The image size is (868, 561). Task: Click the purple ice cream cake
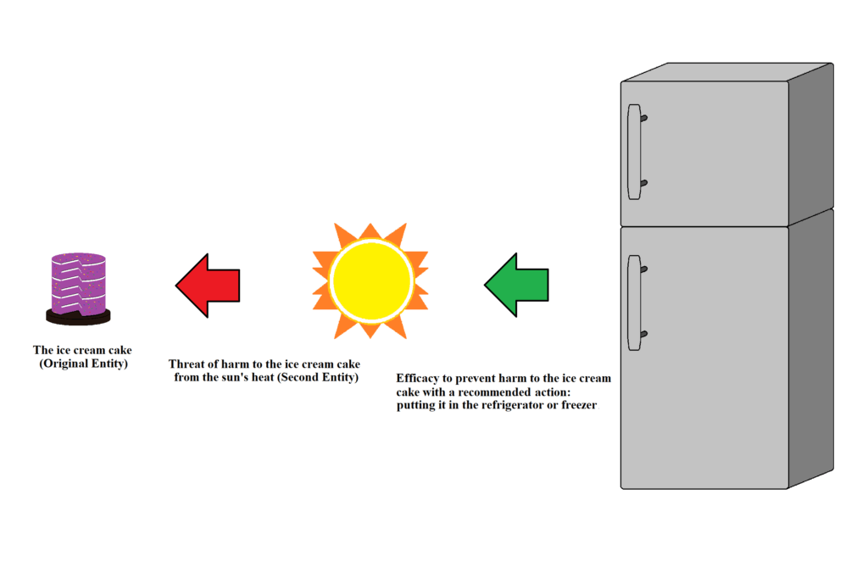click(x=79, y=284)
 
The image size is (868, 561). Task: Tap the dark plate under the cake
click(x=78, y=318)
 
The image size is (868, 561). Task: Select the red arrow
click(x=208, y=286)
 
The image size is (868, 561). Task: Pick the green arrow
click(x=516, y=285)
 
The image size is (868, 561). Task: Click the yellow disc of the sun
click(x=371, y=280)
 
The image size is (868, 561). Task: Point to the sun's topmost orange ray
click(x=370, y=231)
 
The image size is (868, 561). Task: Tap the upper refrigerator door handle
click(x=634, y=152)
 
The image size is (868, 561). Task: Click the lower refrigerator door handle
click(x=634, y=303)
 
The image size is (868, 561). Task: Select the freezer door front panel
click(x=704, y=153)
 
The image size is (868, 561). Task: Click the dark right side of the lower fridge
click(x=811, y=348)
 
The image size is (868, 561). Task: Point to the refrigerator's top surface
click(x=727, y=72)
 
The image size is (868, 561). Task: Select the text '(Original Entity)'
click(x=83, y=364)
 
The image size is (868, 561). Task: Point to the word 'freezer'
click(x=579, y=405)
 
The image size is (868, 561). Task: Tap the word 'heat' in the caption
click(x=264, y=377)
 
